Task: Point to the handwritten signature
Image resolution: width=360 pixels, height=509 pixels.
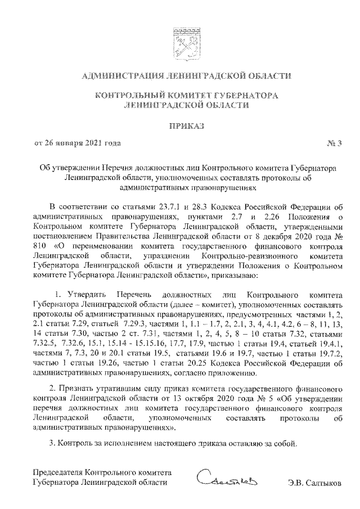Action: (227, 480)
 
